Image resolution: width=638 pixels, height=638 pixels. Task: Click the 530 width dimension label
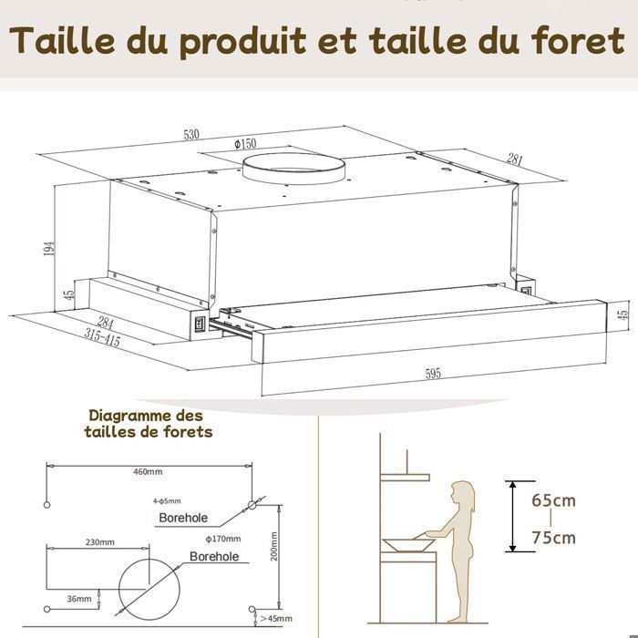(191, 135)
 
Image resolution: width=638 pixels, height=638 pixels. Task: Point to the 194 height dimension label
(49, 248)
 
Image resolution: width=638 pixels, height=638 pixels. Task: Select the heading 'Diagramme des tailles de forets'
(148, 423)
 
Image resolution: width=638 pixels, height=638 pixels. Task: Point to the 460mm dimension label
(148, 472)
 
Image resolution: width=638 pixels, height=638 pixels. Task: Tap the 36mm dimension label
(80, 599)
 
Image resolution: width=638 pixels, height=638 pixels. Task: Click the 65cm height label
(554, 500)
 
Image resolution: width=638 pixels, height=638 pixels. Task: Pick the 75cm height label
(554, 538)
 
